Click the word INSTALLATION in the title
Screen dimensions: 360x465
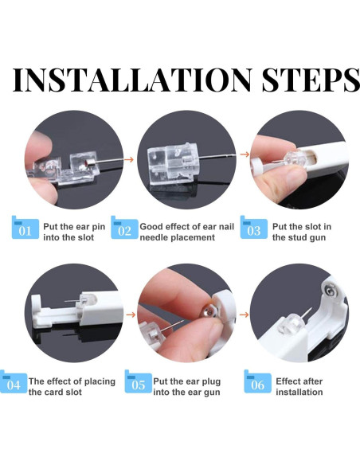[132, 80]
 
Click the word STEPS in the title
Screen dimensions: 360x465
[311, 80]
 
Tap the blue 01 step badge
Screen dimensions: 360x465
[25, 228]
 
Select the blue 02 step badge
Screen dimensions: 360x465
[124, 228]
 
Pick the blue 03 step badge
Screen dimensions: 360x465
[254, 228]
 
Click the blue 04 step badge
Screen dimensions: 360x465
[14, 381]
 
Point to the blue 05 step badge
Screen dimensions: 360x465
[139, 381]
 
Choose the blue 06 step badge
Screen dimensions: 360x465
[257, 381]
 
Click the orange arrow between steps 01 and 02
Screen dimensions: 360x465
[129, 159]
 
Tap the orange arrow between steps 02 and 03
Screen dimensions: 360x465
[245, 154]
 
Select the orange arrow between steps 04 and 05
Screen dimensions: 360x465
[131, 315]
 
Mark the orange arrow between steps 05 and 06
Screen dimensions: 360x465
[244, 315]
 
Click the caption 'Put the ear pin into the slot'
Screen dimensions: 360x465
[74, 232]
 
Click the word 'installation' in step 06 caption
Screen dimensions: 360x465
[299, 392]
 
